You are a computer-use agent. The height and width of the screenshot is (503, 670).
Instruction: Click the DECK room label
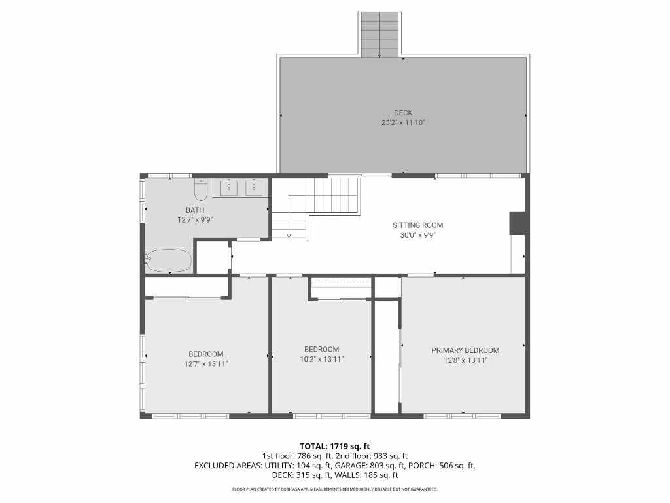pos(403,113)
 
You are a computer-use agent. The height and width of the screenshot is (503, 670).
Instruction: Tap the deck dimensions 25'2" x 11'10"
pos(403,122)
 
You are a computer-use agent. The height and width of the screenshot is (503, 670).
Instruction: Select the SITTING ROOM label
pos(418,225)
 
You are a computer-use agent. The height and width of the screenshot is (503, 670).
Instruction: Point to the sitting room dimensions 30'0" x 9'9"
pos(418,235)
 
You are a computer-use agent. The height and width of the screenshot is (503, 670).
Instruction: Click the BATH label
pos(195,210)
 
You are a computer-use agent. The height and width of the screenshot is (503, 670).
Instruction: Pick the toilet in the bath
pos(201,190)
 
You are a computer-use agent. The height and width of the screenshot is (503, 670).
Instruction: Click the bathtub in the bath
pos(168,261)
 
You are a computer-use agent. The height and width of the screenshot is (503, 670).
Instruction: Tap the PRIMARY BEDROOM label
pos(465,351)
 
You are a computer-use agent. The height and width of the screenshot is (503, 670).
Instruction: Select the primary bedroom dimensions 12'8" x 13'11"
pos(465,360)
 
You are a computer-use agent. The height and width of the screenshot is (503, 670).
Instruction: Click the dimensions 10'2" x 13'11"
pos(322,360)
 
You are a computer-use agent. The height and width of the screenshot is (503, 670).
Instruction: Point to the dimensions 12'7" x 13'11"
pos(206,364)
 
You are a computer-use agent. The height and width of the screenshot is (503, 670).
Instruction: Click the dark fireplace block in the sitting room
pos(518,223)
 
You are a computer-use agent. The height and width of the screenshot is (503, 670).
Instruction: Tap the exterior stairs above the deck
pos(379,35)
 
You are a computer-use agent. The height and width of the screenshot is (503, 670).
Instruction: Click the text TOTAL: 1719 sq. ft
pos(334,447)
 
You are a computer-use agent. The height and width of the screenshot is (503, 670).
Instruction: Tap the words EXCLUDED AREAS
pos(228,466)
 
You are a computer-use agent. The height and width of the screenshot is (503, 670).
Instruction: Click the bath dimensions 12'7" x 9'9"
pos(195,220)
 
